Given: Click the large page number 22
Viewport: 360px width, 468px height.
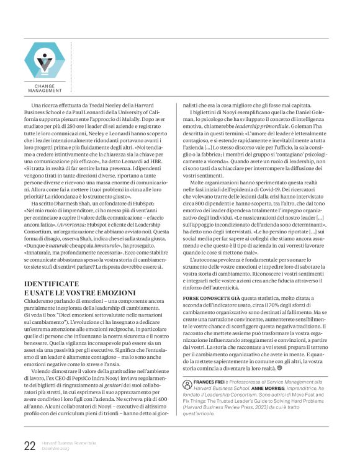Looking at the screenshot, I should click(x=29, y=446).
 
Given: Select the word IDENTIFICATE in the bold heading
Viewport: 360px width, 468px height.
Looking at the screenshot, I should click(x=52, y=283).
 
